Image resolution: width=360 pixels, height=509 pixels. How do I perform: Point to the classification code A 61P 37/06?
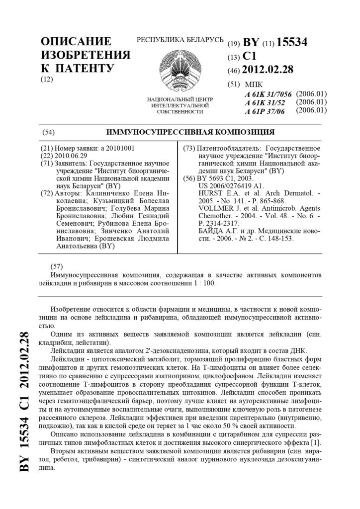265,111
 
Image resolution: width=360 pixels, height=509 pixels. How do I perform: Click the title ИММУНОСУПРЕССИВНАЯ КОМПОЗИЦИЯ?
190,132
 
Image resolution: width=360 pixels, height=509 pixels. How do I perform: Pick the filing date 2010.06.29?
72,156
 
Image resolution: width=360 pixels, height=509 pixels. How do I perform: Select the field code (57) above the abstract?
57,266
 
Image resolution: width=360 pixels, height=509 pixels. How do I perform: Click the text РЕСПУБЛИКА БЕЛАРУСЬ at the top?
180,40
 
